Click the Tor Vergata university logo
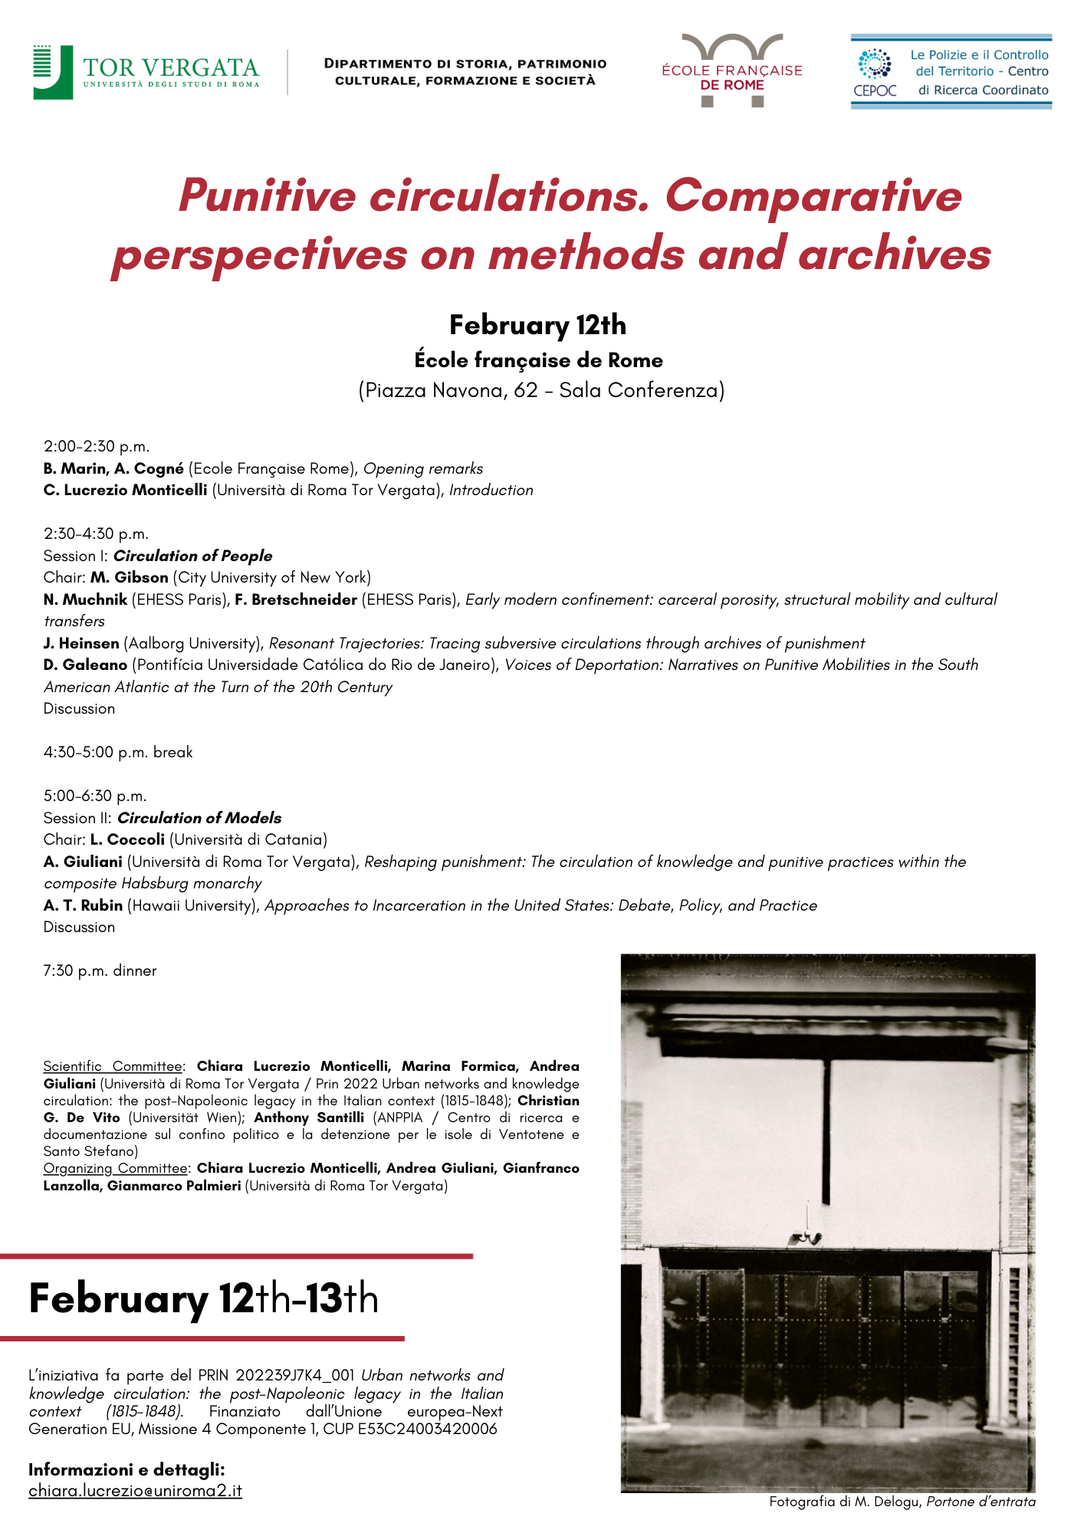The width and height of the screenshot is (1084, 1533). pyautogui.click(x=146, y=72)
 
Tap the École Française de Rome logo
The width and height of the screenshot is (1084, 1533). pyautogui.click(x=731, y=71)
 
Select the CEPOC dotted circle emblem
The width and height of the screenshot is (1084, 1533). pyautogui.click(x=874, y=64)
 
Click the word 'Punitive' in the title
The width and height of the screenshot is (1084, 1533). pyautogui.click(x=267, y=195)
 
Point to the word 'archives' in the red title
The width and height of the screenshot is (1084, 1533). pyautogui.click(x=895, y=254)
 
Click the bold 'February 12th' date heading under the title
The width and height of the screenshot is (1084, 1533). pyautogui.click(x=537, y=325)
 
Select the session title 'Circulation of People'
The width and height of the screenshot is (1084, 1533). pyautogui.click(x=192, y=556)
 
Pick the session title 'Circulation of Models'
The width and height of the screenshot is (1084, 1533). pyautogui.click(x=199, y=818)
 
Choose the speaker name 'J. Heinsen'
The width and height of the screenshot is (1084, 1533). pyautogui.click(x=81, y=643)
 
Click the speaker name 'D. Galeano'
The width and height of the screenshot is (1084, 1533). pyautogui.click(x=85, y=665)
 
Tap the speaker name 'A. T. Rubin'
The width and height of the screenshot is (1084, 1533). pyautogui.click(x=83, y=905)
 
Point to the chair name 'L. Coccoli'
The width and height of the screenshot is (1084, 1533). pyautogui.click(x=127, y=839)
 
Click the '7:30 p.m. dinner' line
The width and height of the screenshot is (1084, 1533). pyautogui.click(x=100, y=970)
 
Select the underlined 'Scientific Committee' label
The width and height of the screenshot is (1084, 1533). pyautogui.click(x=113, y=1066)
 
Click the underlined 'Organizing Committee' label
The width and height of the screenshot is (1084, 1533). pyautogui.click(x=115, y=1168)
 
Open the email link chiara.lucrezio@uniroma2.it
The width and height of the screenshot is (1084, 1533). pyautogui.click(x=135, y=1491)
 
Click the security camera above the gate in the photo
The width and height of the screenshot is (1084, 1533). pyautogui.click(x=805, y=1236)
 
